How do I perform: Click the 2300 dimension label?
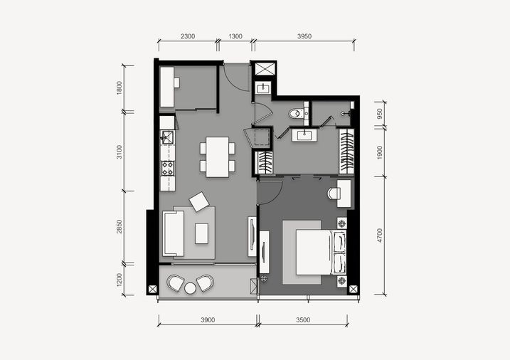pos(188,36)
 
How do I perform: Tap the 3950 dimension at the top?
pos(304,36)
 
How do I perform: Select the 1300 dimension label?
pos(235,36)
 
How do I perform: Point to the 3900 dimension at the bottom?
pos(208,320)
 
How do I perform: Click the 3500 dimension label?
pos(303,320)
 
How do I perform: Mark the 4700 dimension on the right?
pos(380,235)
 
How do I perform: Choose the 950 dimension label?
pos(380,114)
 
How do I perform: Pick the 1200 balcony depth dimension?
pos(119,280)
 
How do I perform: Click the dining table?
pos(217,157)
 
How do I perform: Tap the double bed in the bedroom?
pos(321,253)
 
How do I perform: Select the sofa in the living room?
pos(174,233)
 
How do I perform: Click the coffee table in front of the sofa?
pos(202,233)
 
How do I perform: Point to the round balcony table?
pos(191,288)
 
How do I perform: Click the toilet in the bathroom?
pos(296,114)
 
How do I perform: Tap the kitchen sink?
pos(167,137)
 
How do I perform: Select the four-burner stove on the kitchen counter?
pos(168,169)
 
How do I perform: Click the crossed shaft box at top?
pos(265,69)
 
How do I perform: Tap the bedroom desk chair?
pos(333,194)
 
